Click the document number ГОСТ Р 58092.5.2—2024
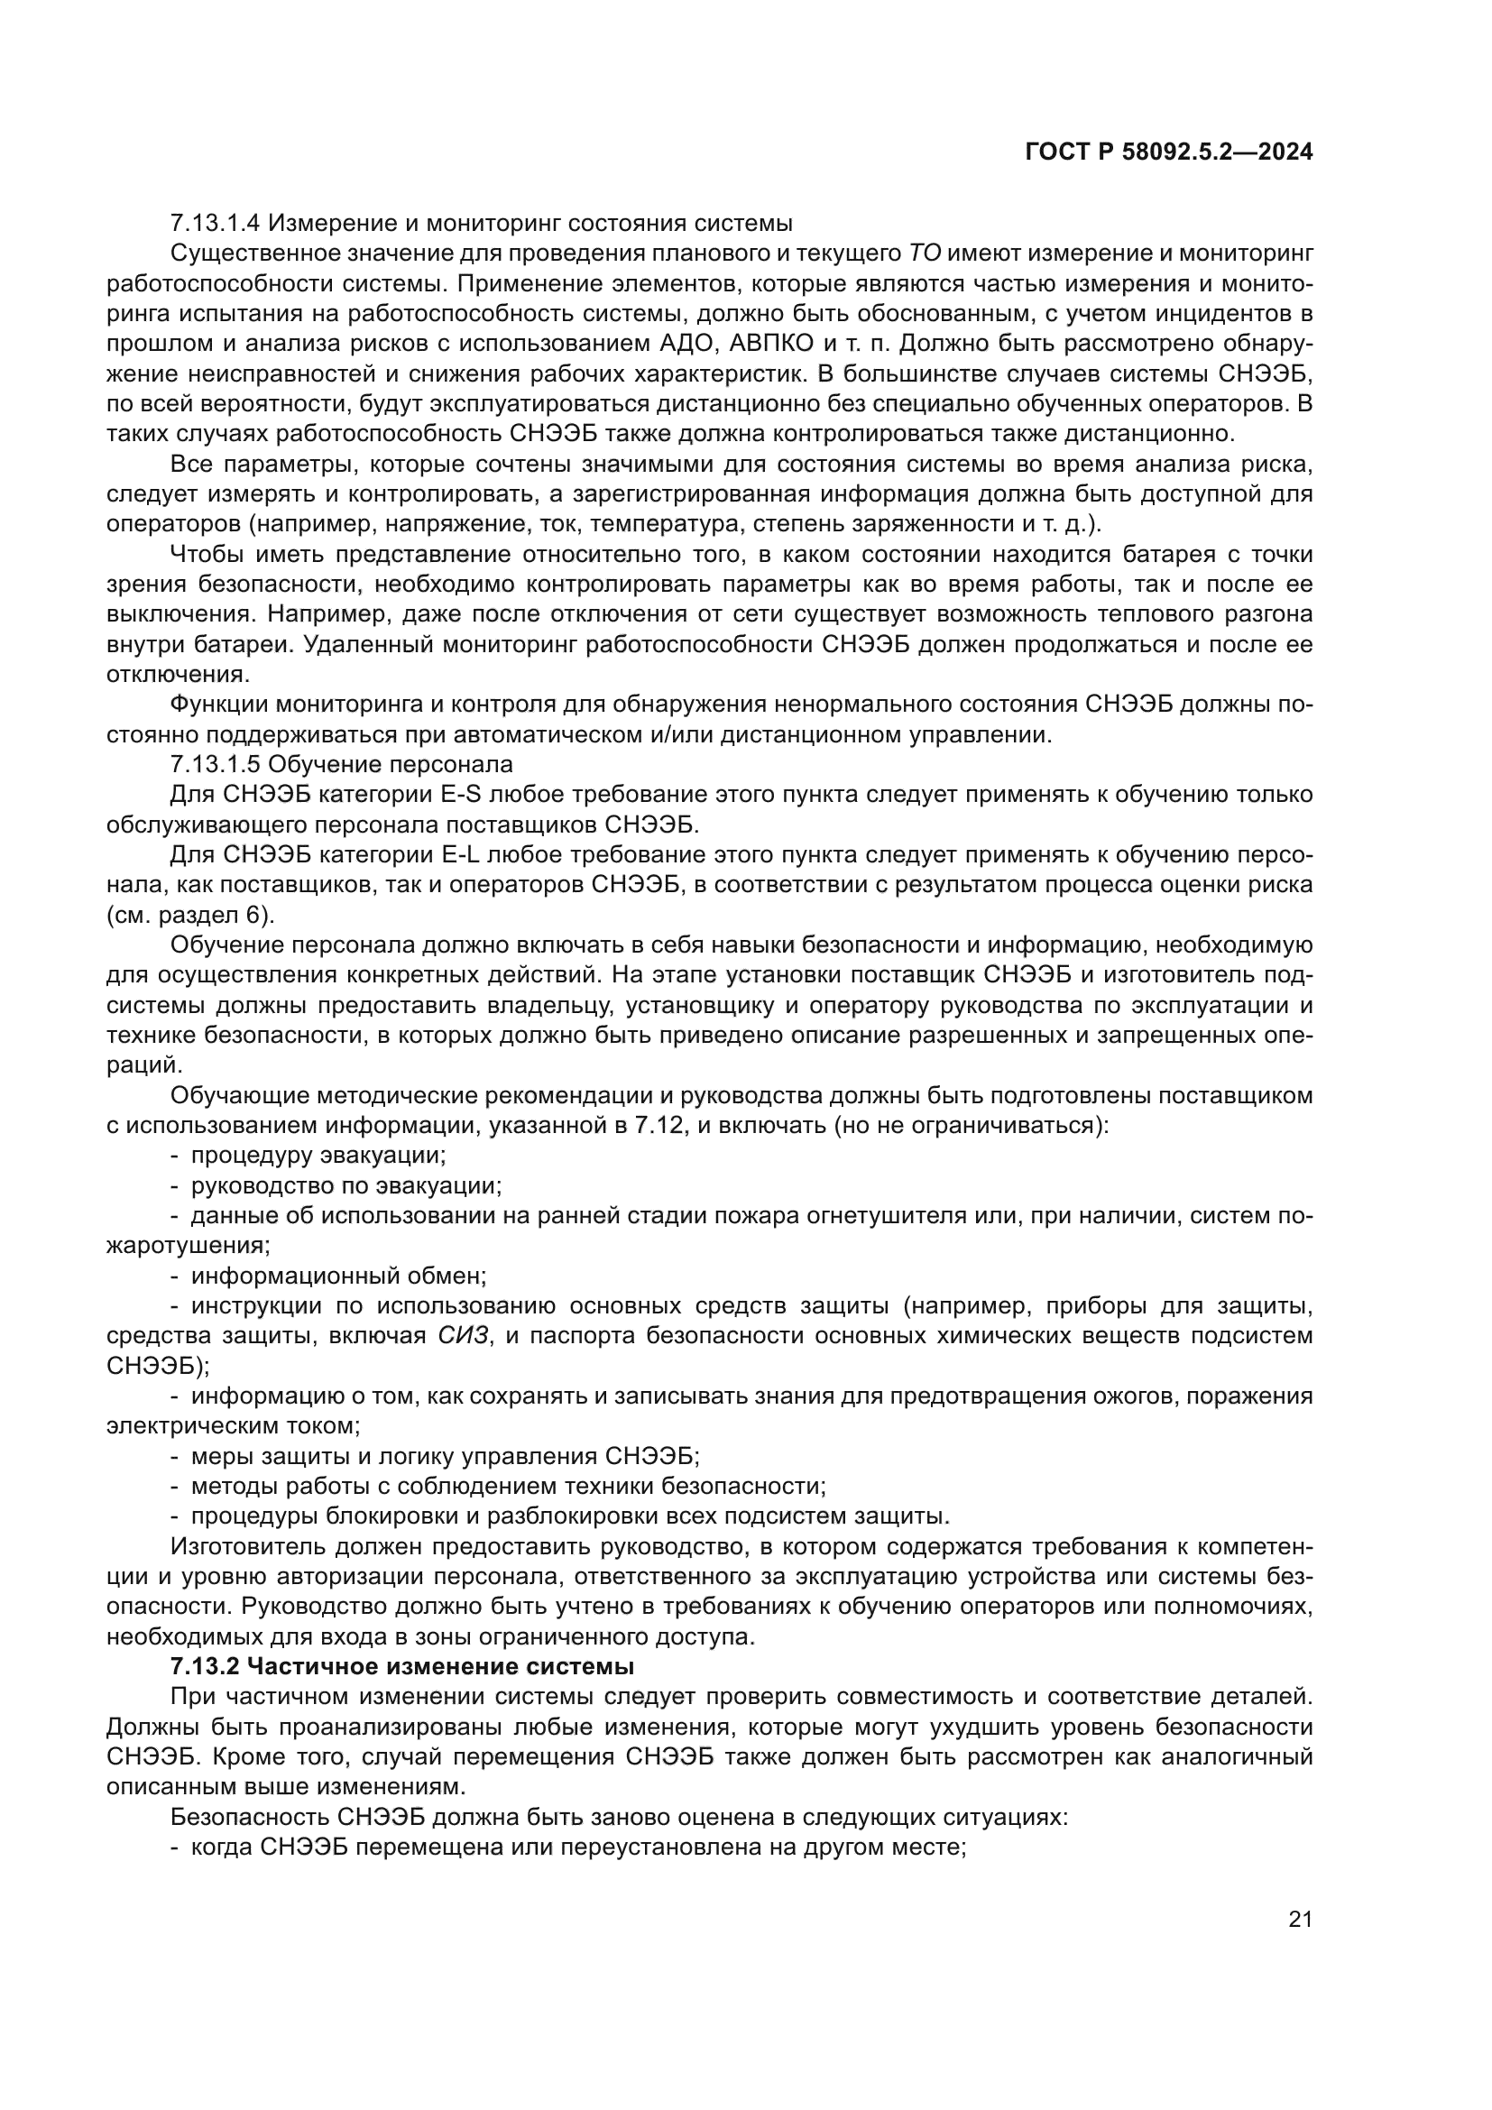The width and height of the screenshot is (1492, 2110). point(1168,152)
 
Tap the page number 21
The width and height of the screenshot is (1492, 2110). point(1300,1919)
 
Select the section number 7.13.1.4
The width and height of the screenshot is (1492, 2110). point(215,224)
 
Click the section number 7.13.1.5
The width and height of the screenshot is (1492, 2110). point(215,765)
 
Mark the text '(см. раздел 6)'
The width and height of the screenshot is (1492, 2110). point(190,916)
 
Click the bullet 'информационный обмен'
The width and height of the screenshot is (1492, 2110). point(338,1276)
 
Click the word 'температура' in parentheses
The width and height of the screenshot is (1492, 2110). point(657,525)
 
